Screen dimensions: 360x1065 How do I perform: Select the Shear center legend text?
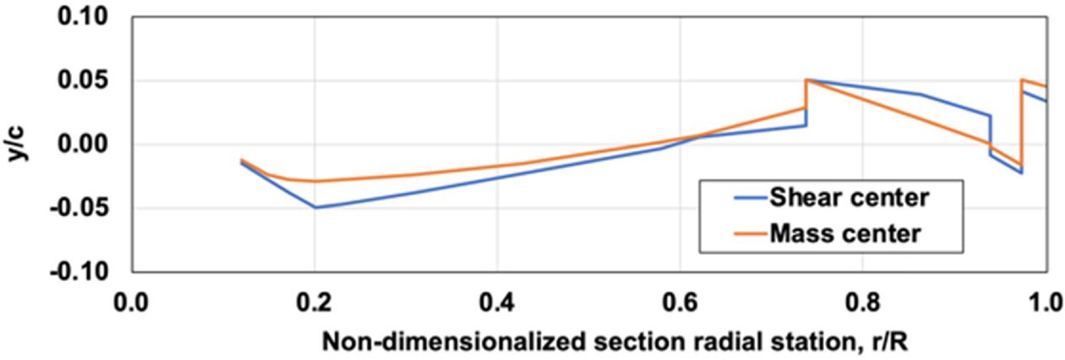click(x=849, y=199)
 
